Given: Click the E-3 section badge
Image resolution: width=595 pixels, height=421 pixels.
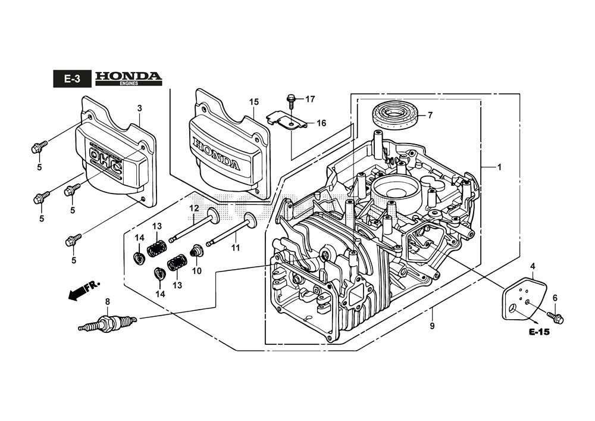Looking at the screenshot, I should (x=72, y=79).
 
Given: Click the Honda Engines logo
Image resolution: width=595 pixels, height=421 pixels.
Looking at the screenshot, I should (x=128, y=79).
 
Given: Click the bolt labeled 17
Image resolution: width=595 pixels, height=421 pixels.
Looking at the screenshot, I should (x=291, y=98).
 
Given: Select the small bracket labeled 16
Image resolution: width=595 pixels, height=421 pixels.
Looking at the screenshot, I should (x=286, y=121).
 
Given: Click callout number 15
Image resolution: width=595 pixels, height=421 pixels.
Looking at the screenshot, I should (x=254, y=102).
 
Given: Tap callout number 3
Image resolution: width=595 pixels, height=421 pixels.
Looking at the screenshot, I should (x=139, y=108).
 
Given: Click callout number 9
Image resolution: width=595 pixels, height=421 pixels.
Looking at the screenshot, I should (x=432, y=326).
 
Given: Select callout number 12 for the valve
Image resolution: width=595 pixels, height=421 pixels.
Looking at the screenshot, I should (x=194, y=208).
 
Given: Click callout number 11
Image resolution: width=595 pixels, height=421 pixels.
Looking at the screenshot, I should (x=236, y=247).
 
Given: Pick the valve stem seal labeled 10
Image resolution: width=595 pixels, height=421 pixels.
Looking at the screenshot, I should (x=195, y=253).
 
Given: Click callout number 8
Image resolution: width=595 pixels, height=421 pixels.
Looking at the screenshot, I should (x=107, y=302).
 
